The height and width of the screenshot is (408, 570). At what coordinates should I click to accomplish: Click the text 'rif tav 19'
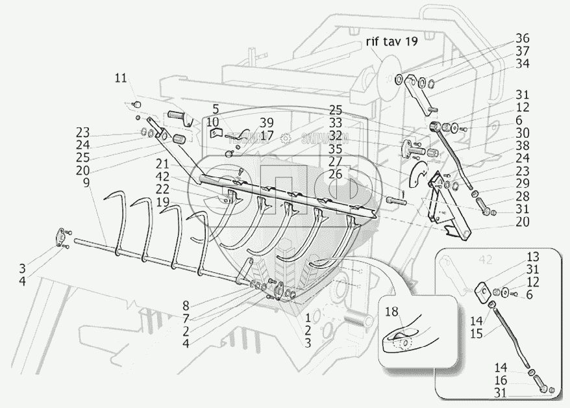(x=391, y=42)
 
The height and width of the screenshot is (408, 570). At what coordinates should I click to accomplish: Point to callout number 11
(x=120, y=78)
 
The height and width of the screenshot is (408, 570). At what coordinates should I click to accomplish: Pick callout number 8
(x=185, y=305)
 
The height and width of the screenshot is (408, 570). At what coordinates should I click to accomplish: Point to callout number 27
(x=336, y=162)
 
